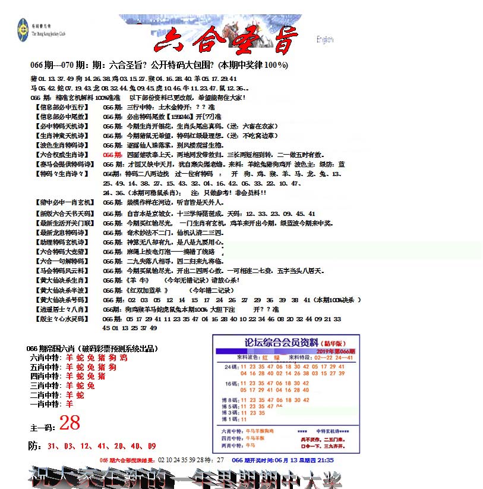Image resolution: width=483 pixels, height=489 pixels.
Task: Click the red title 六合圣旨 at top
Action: pyautogui.click(x=225, y=40)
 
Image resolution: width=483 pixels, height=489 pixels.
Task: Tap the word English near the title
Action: pyautogui.click(x=325, y=40)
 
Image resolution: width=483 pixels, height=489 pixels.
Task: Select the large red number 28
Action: pyautogui.click(x=70, y=423)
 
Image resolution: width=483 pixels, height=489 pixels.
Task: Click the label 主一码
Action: pyautogui.click(x=42, y=427)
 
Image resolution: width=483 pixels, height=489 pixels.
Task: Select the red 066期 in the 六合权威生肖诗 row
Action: pyautogui.click(x=112, y=154)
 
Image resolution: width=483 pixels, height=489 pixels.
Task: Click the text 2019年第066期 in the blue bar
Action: pyautogui.click(x=334, y=352)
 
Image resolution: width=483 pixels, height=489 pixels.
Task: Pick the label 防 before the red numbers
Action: pyautogui.click(x=34, y=446)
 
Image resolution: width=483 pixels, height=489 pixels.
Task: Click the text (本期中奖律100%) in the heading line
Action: pyautogui.click(x=253, y=65)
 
